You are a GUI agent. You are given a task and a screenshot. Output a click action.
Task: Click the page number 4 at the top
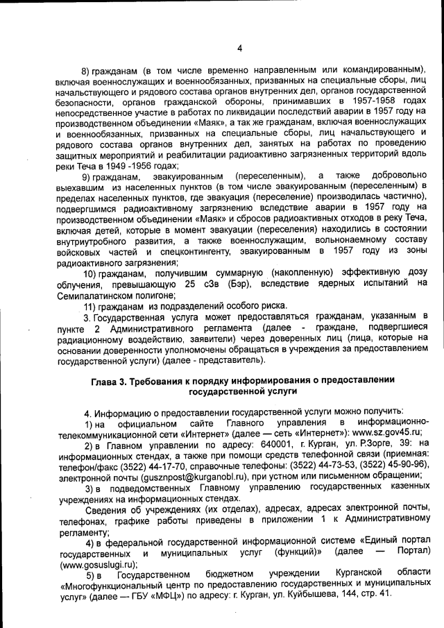(239, 48)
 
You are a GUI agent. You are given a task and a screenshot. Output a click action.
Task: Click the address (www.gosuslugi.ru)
(99, 565)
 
